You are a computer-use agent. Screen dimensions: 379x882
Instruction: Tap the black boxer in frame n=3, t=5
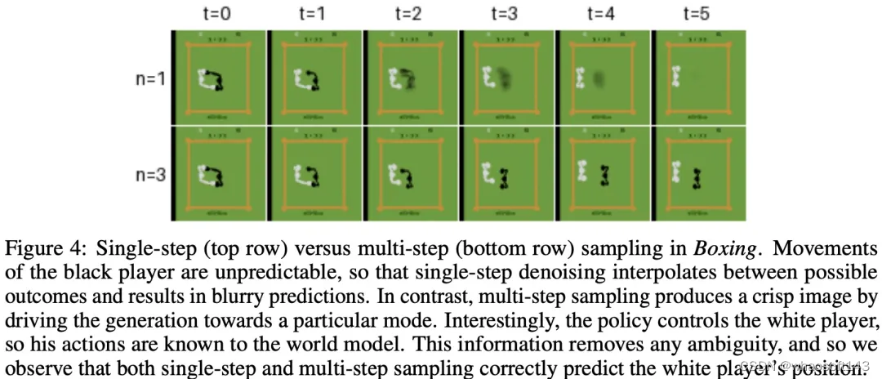pyautogui.click(x=695, y=177)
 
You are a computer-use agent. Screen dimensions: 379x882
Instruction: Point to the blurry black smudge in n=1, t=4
pyautogui.click(x=601, y=78)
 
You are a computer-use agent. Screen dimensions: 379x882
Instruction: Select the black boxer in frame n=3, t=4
pyautogui.click(x=603, y=175)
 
